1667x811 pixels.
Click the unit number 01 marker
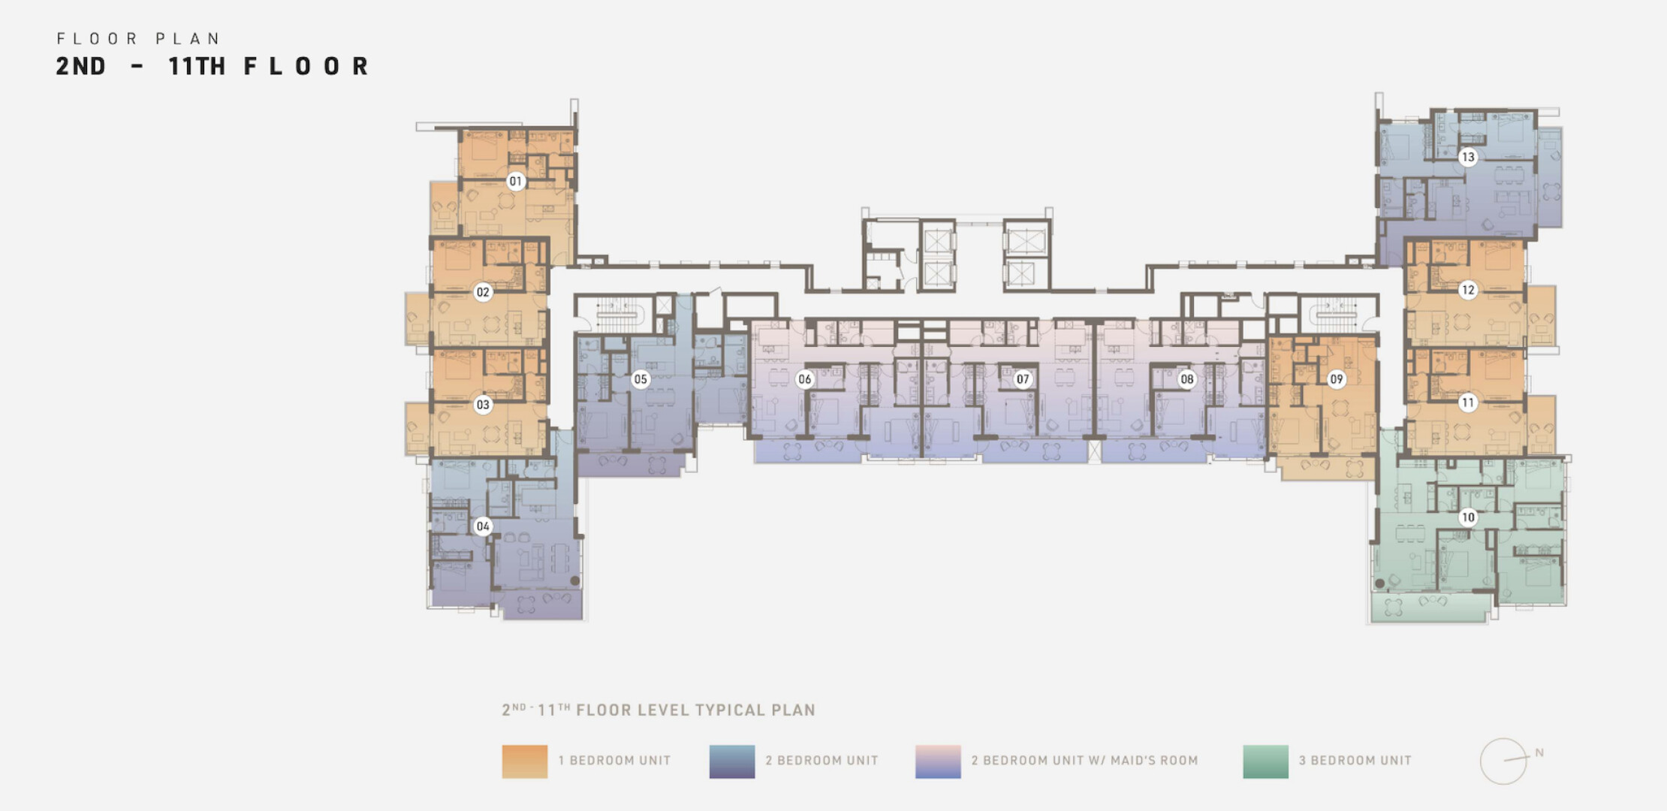pos(515,181)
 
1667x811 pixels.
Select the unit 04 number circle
pos(483,526)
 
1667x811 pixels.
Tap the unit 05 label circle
pos(641,379)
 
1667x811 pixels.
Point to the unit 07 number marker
pos(1023,379)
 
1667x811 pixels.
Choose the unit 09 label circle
pos(1337,379)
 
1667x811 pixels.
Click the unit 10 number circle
pos(1468,517)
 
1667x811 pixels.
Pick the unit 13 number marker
pos(1468,157)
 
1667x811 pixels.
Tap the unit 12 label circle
pos(1468,290)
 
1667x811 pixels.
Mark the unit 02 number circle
pos(483,292)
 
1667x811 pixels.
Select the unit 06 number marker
pos(805,379)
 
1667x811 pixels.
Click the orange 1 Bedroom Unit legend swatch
pos(525,761)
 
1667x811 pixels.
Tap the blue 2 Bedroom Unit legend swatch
pos(732,761)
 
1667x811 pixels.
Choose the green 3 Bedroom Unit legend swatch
pos(1266,761)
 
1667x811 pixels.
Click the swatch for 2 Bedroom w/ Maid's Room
pos(938,761)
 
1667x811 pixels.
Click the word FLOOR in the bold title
pos(306,66)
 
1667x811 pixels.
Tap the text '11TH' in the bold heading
pos(197,66)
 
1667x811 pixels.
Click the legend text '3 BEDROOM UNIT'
pos(1355,761)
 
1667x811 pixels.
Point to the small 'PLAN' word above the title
pos(188,38)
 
